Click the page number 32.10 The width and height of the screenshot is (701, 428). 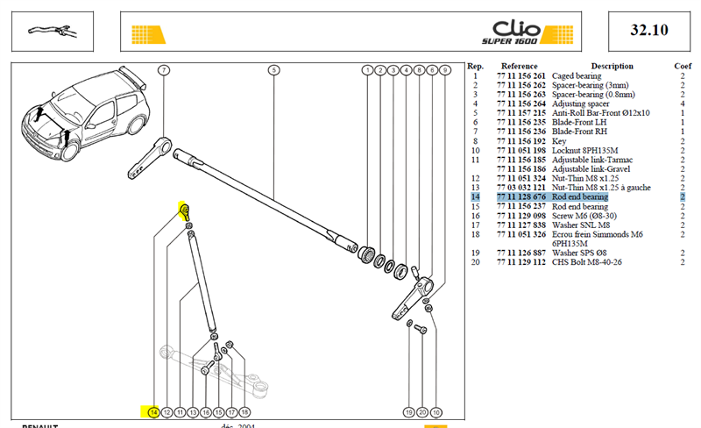[x=649, y=30]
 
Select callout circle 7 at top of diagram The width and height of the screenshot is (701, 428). [x=164, y=70]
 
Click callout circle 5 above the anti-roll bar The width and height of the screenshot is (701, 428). [x=273, y=70]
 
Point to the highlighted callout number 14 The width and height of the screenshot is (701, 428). [x=153, y=412]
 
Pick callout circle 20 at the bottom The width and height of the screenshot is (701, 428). [x=422, y=412]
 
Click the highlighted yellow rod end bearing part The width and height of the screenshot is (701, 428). [x=184, y=210]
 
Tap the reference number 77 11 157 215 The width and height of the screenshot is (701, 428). [x=521, y=113]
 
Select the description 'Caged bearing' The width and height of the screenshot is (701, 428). [x=577, y=75]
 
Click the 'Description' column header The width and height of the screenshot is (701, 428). [x=612, y=66]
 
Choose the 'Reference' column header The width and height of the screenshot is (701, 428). [x=519, y=66]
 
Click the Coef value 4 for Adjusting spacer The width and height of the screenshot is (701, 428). [x=683, y=103]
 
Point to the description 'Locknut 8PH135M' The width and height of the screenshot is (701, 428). [x=584, y=151]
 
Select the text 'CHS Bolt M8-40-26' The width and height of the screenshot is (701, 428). [x=586, y=262]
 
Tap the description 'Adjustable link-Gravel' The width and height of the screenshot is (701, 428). [x=591, y=168]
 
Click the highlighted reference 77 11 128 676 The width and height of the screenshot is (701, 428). [x=521, y=196]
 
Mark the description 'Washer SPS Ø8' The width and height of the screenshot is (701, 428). [x=579, y=253]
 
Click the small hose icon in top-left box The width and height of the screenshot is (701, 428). [x=53, y=31]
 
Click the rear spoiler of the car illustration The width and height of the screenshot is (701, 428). [x=132, y=75]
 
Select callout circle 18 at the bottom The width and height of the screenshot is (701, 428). [x=244, y=412]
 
